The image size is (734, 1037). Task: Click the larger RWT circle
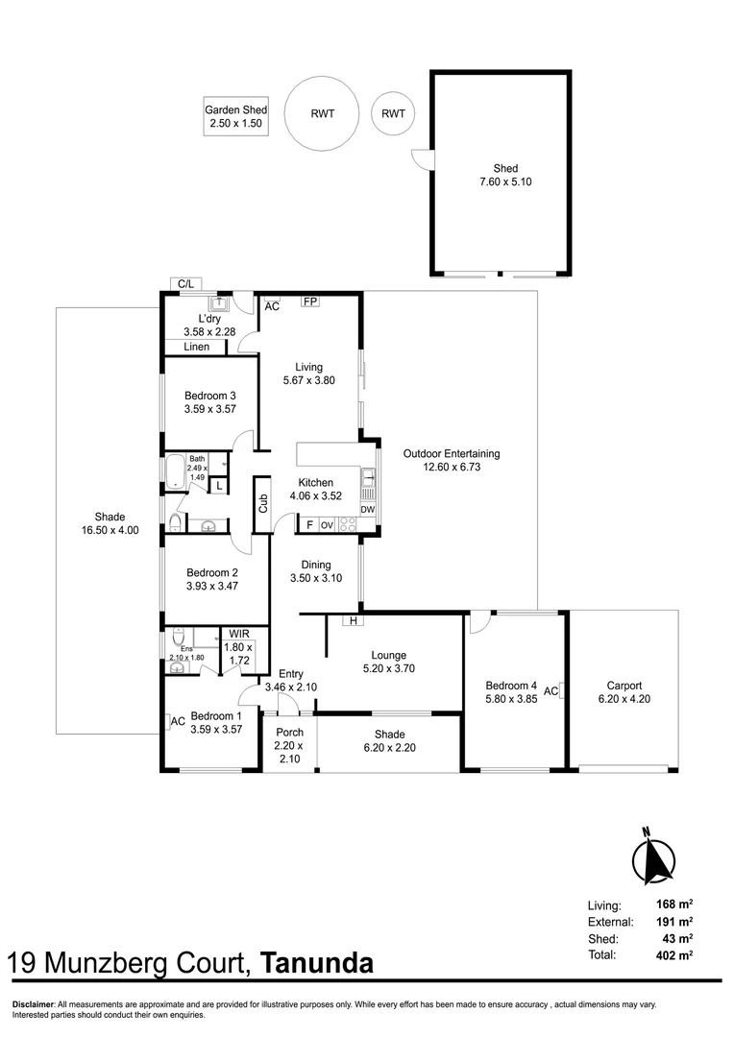322,113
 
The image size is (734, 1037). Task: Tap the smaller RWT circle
393,113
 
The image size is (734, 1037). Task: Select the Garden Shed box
235,116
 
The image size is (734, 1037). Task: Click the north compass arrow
654,857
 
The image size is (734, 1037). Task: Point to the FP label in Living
309,301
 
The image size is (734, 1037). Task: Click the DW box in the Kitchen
367,509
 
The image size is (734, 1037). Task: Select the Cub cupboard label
262,504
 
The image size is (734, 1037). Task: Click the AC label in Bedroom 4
551,690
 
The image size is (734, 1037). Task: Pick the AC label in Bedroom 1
178,721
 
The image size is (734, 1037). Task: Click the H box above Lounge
354,621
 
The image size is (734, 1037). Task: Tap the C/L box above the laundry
186,283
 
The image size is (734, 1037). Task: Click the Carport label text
624,686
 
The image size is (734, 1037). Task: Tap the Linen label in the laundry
197,347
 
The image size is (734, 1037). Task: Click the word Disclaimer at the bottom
33,1004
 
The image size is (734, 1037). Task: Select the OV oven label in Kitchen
327,524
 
